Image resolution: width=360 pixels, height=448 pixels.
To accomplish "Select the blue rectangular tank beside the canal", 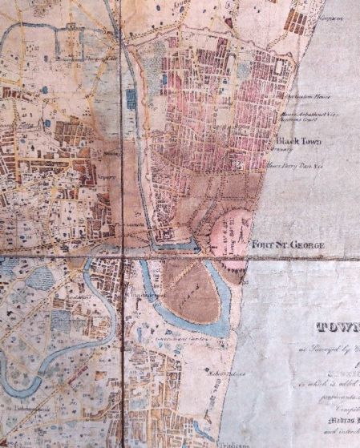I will pos(131,99).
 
